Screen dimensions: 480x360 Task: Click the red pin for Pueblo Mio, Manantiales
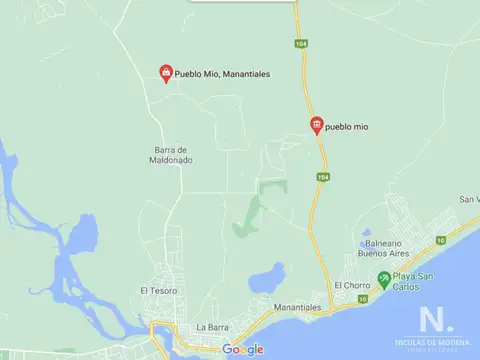166,72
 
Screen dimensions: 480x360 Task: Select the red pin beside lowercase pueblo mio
317,124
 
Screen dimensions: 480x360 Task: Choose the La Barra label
213,327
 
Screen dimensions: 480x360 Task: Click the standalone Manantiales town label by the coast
296,307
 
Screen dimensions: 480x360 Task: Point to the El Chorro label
352,285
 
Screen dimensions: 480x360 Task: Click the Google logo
243,349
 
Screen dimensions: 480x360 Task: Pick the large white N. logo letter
434,320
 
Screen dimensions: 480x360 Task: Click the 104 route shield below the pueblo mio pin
321,177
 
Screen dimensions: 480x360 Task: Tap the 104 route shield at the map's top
299,43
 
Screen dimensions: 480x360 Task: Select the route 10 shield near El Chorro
363,298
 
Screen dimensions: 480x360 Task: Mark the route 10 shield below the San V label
439,240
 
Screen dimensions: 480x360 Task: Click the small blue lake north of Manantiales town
267,277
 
